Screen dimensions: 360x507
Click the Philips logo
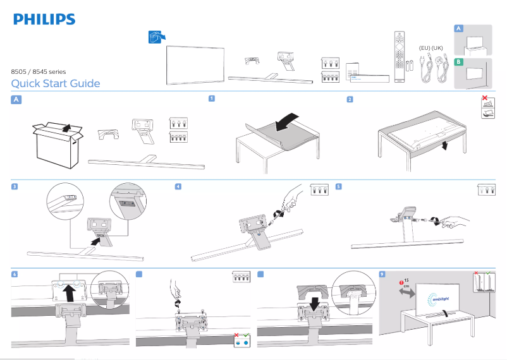[44, 19]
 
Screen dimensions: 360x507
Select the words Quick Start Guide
[56, 84]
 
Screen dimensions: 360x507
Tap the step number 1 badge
[212, 99]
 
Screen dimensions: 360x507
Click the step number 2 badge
[350, 99]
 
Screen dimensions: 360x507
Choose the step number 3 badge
[15, 186]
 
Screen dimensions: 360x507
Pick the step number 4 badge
[178, 186]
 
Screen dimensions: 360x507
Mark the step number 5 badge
[339, 186]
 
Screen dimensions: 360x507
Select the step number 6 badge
[15, 273]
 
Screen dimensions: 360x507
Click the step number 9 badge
[381, 273]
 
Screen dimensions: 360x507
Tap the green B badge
[459, 62]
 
